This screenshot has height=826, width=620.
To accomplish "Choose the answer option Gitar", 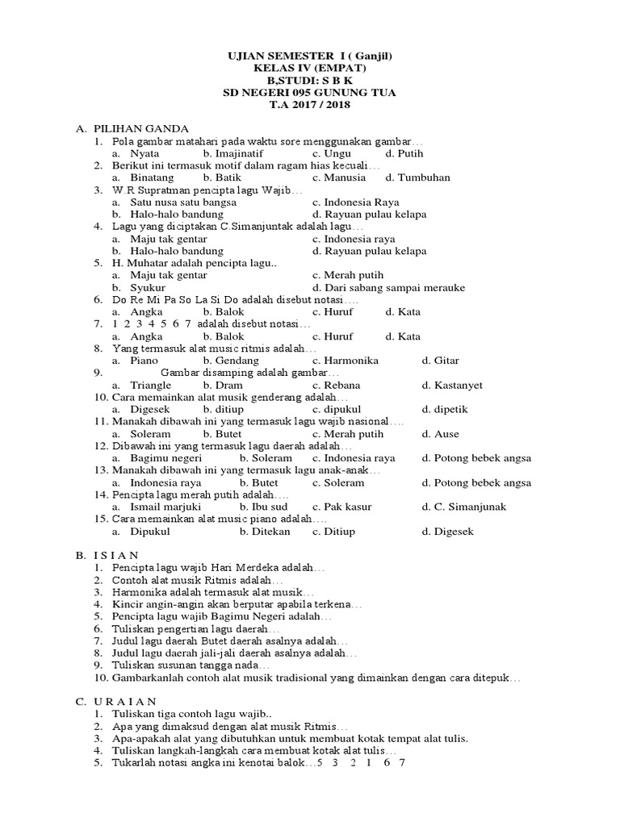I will tap(447, 361).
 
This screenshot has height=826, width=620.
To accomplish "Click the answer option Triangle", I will tap(150, 385).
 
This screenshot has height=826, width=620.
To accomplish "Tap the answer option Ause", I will tap(446, 434).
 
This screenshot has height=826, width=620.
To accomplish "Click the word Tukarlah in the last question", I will tap(134, 762).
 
